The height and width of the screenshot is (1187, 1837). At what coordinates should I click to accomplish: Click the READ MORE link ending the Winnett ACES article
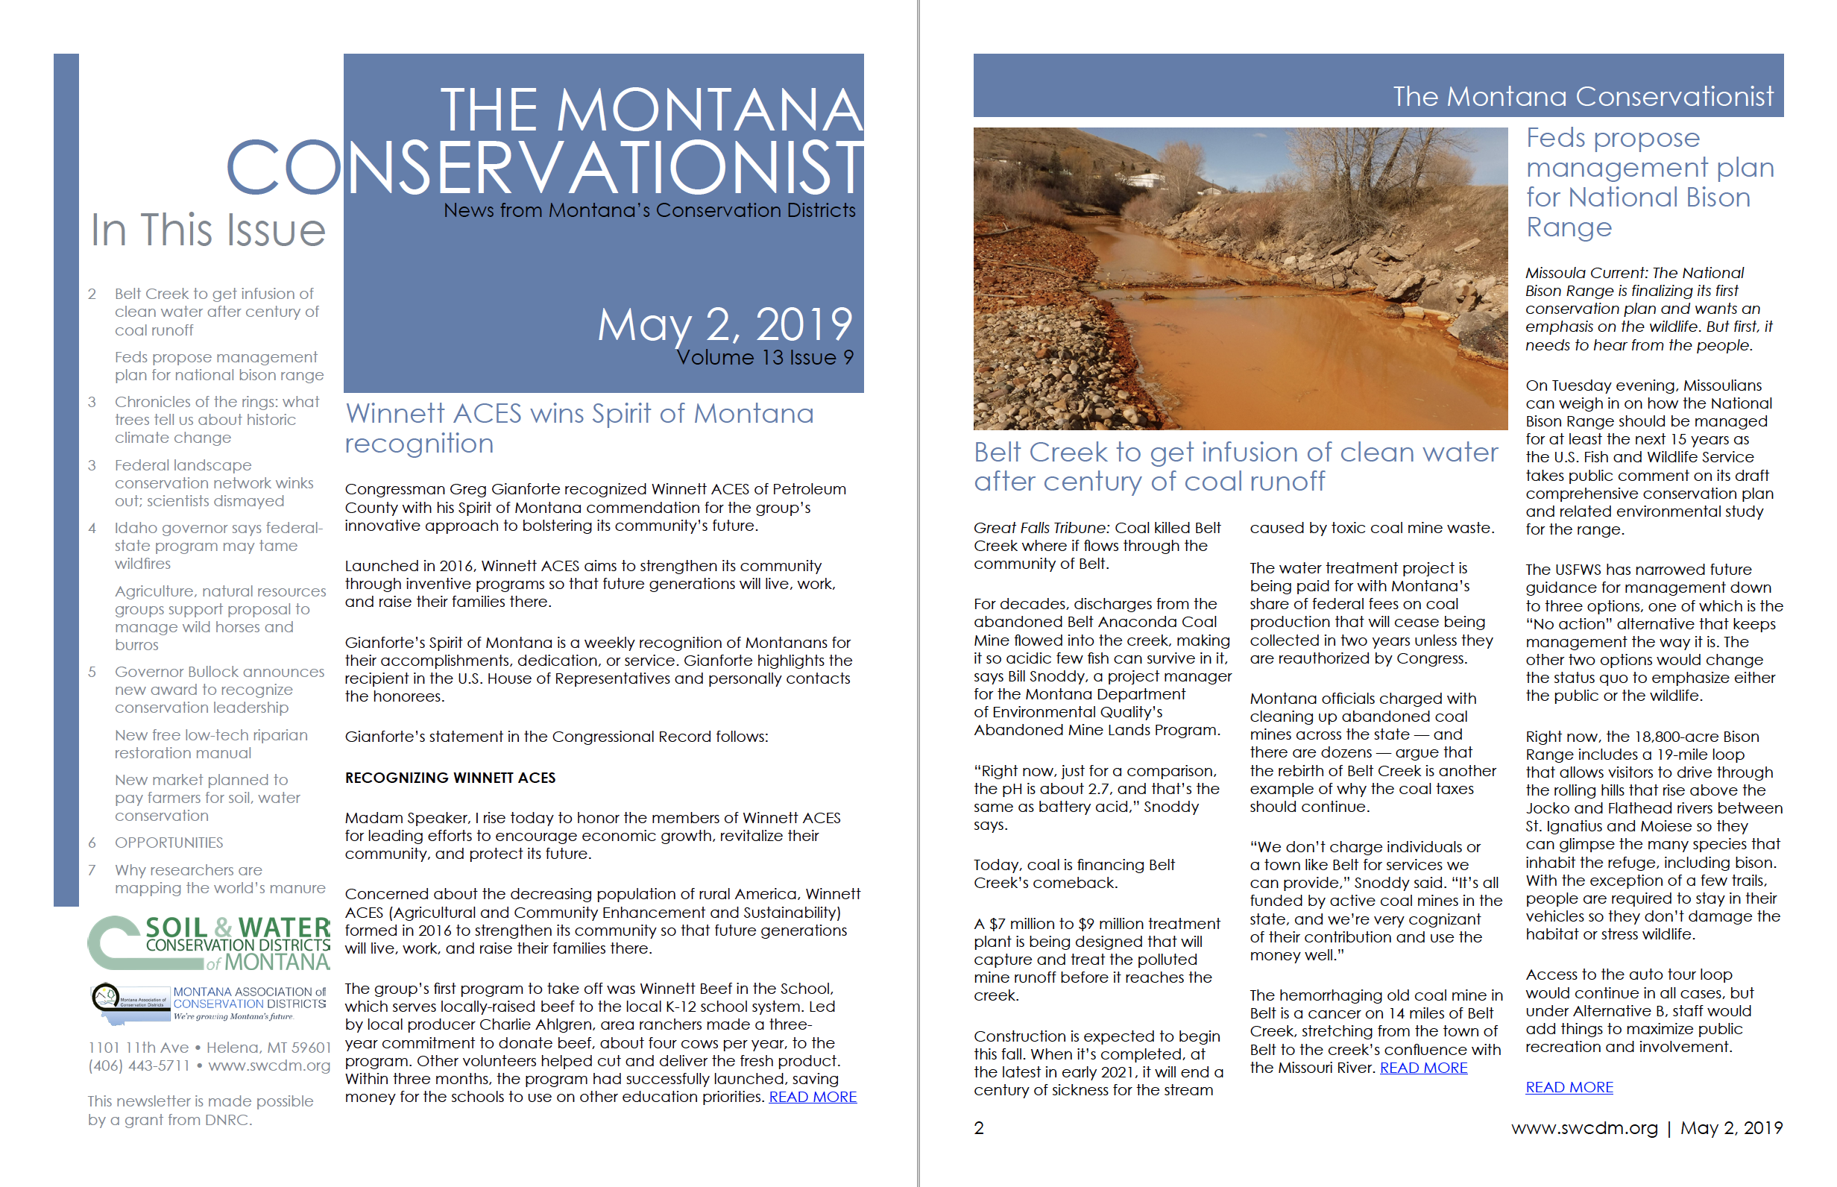[812, 1097]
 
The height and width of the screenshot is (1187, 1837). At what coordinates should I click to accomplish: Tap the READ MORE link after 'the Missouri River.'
[1422, 1068]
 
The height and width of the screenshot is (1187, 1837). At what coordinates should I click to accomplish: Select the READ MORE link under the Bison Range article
[1568, 1087]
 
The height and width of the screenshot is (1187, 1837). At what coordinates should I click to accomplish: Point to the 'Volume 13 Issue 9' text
[764, 358]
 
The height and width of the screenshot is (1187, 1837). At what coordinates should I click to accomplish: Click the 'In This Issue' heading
[208, 230]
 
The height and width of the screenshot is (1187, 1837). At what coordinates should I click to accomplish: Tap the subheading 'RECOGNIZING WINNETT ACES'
[450, 778]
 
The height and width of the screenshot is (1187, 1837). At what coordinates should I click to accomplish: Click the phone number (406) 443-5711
[138, 1065]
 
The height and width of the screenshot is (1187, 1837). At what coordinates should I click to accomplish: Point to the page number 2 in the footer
[979, 1127]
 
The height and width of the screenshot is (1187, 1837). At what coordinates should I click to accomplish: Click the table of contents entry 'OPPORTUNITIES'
[168, 843]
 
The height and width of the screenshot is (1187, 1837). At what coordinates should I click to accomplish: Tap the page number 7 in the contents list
[92, 870]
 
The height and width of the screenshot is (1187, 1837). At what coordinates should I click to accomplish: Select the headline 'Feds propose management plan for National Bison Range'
[1649, 182]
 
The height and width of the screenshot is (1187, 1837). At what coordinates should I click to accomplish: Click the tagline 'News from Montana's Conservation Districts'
[649, 210]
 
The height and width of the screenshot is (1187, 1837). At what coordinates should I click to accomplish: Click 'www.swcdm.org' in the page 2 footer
[1584, 1127]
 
